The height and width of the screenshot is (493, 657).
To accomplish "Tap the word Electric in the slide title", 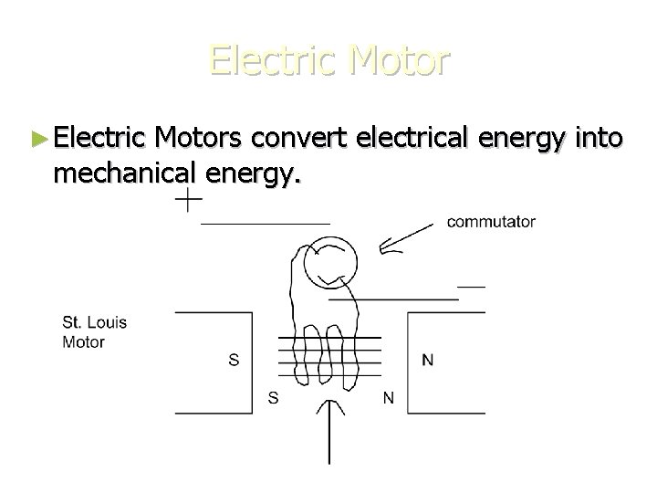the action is coord(268,60).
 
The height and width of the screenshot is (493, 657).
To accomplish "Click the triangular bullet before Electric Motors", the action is coord(37,139).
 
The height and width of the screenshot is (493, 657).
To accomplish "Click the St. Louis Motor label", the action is coord(95,332).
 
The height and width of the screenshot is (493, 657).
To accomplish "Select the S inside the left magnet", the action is coord(235,360).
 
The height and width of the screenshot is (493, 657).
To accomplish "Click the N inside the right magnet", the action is coord(428,360).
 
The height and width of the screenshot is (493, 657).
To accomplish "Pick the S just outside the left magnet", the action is coord(272,397).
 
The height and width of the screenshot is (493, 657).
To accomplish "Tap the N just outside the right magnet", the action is coord(390,397).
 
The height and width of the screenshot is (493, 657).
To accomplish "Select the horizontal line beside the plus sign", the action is coord(265,223).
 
